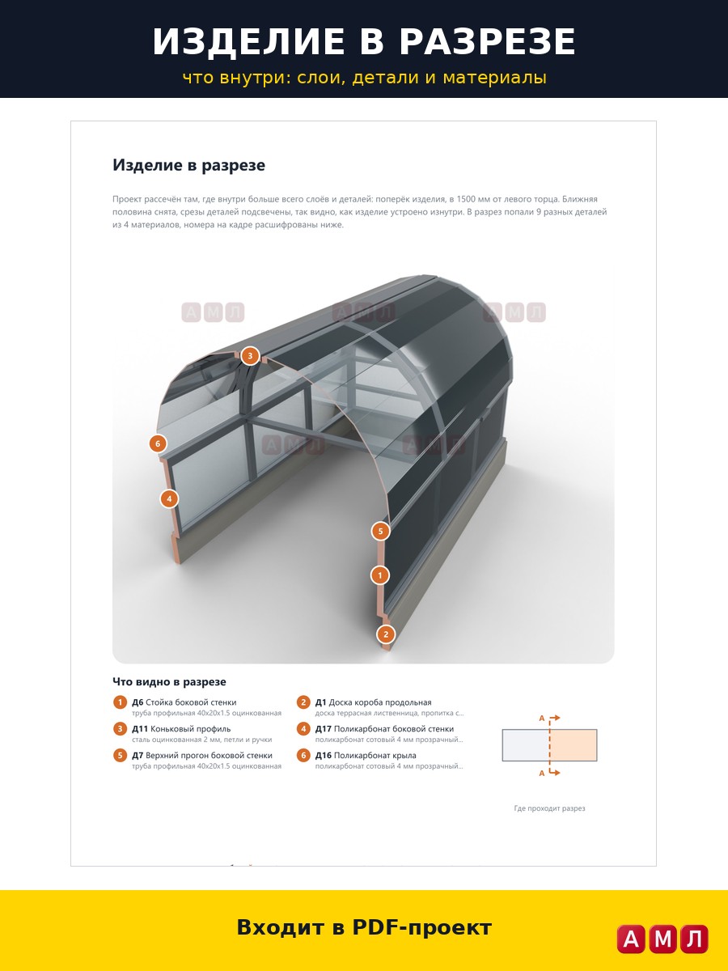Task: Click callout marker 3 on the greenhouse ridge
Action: pos(250,356)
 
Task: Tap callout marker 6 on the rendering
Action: pos(158,443)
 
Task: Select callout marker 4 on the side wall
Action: pos(169,499)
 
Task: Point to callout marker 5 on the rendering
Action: pos(380,531)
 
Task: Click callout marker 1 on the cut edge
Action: pos(379,575)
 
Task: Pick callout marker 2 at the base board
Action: pos(386,634)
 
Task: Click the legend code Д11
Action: pos(140,728)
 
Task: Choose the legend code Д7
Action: pos(138,755)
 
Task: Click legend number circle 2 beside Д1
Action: pos(303,702)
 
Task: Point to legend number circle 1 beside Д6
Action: pos(120,702)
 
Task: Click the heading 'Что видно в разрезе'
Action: pos(169,681)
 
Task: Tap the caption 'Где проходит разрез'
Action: pos(549,808)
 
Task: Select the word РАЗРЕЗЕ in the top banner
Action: pos(487,41)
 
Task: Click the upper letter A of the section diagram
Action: pos(541,719)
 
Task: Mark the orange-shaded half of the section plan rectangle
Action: pos(574,745)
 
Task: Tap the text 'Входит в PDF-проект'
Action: pos(364,927)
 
